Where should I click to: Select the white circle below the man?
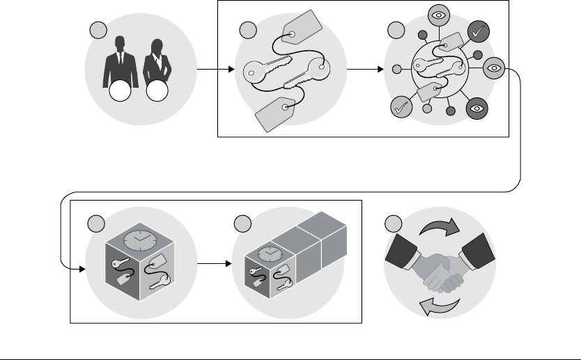coord(120,92)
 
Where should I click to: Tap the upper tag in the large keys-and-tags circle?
coord(302,29)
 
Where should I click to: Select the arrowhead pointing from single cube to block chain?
coord(229,265)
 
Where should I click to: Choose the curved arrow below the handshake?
coord(438,304)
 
